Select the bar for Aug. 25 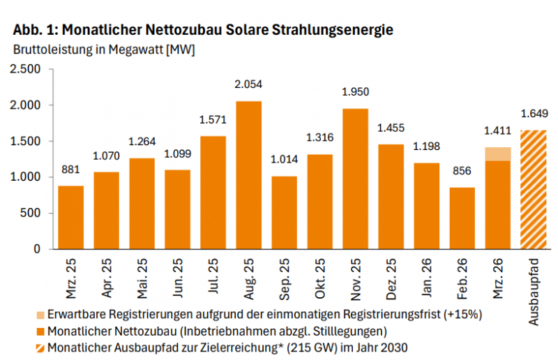tap(249, 174)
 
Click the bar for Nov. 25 tap(355, 179)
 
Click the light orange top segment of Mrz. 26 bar tap(498, 154)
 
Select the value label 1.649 tap(534, 114)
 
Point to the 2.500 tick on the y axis tap(27, 69)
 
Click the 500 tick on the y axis tap(33, 213)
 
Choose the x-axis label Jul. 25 tap(213, 278)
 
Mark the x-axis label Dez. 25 tap(391, 278)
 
